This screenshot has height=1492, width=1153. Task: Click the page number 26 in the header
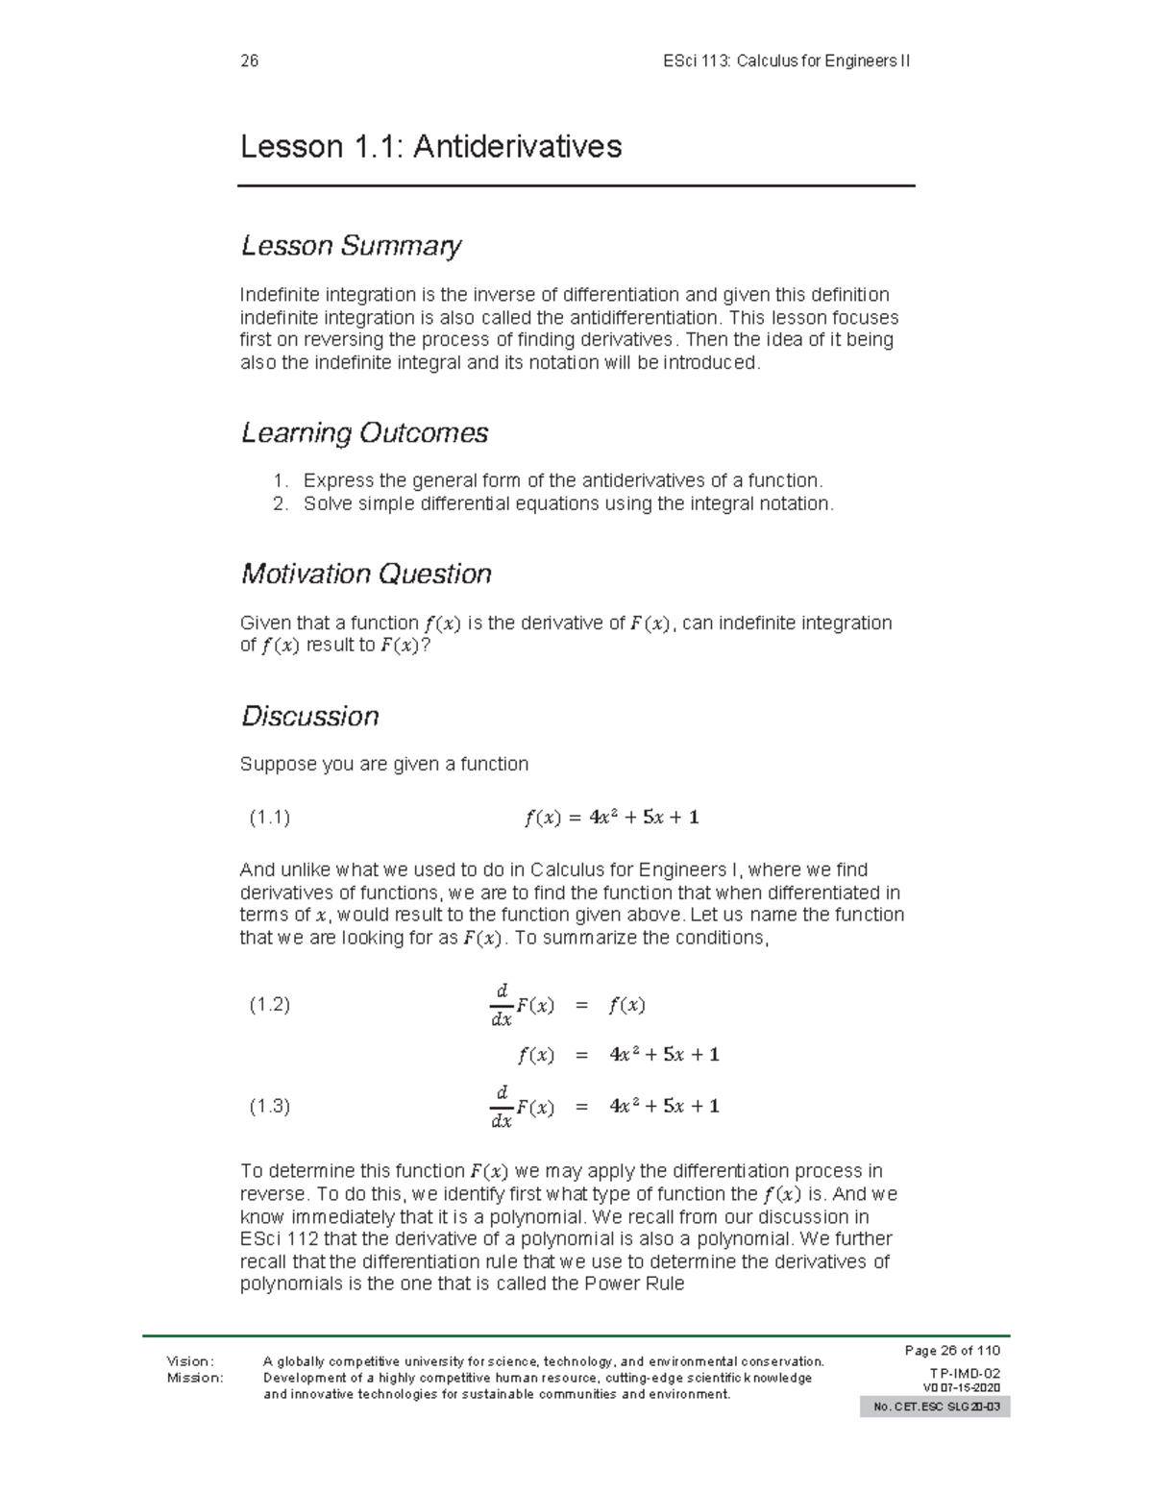point(250,61)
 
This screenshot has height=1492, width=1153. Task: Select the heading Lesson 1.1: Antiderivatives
point(430,147)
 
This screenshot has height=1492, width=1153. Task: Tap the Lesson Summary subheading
point(351,246)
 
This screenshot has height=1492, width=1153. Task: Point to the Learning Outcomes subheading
point(364,433)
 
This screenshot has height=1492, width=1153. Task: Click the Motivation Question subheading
point(366,574)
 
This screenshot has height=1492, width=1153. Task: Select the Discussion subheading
point(309,716)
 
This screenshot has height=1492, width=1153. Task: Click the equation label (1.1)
point(269,818)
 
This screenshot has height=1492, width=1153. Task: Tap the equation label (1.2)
point(269,1005)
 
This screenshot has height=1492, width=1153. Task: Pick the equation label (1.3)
point(269,1106)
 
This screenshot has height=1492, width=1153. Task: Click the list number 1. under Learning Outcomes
point(280,480)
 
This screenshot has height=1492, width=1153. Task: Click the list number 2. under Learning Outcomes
point(280,503)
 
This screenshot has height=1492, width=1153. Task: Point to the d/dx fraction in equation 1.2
point(501,1005)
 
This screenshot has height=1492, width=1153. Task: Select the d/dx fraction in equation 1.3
point(501,1106)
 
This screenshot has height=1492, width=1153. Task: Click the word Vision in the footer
point(190,1360)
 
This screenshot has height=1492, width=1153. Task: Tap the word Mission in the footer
point(194,1377)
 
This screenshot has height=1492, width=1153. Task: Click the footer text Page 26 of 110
point(952,1350)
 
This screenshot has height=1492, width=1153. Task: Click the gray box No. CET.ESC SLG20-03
point(935,1407)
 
